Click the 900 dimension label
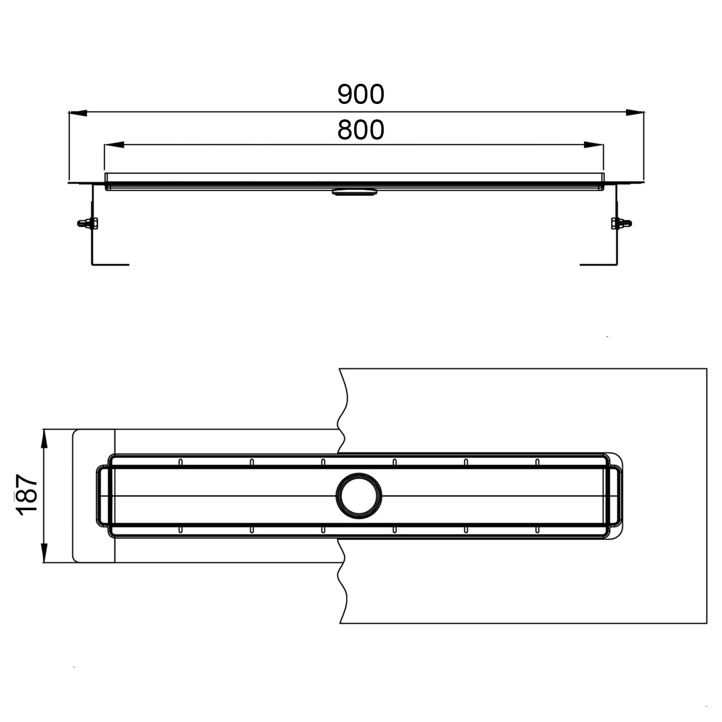click(x=361, y=94)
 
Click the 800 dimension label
click(x=361, y=130)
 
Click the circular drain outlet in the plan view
click(x=359, y=496)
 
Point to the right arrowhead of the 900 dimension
click(x=635, y=113)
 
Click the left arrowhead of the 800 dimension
click(x=114, y=144)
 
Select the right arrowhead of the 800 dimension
click(x=593, y=144)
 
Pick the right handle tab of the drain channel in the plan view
click(x=616, y=496)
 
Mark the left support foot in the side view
click(x=110, y=264)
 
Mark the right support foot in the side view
click(x=598, y=264)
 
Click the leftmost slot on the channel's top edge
click(x=180, y=462)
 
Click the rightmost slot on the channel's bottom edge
click(x=537, y=529)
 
